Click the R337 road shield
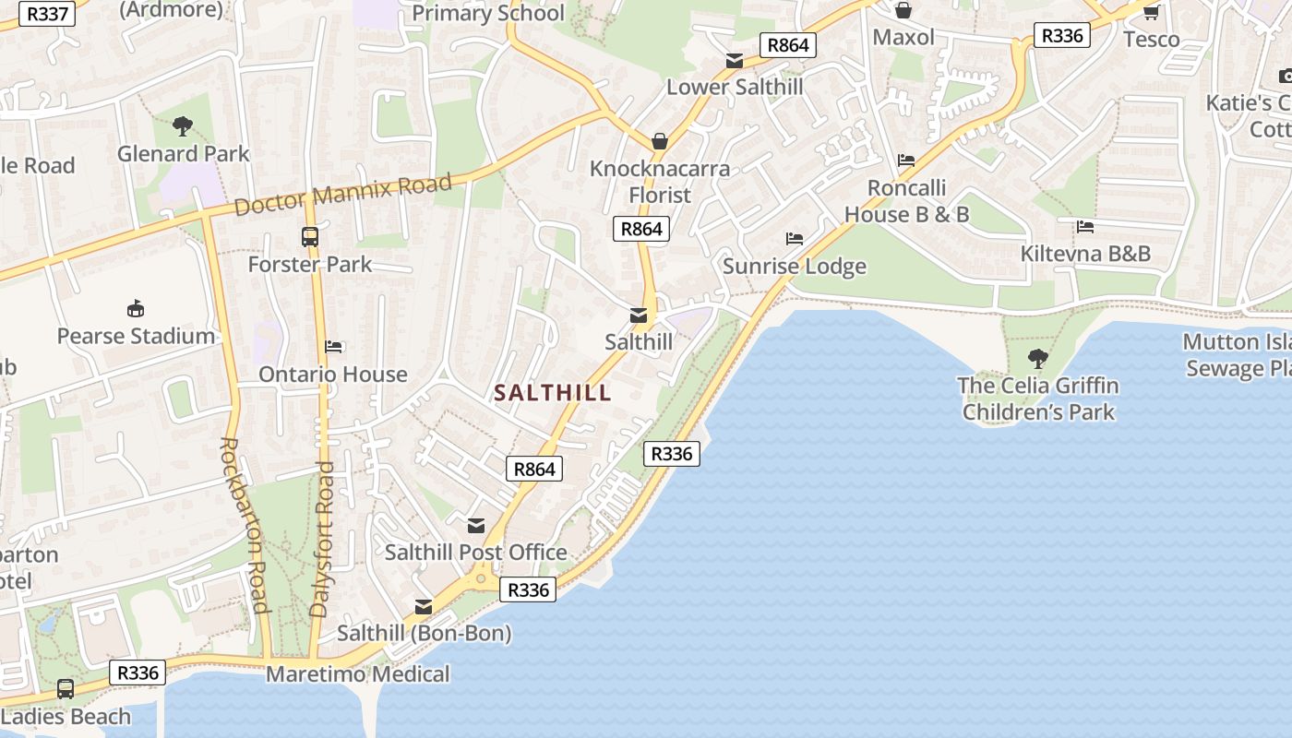click(44, 14)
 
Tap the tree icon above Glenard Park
click(183, 125)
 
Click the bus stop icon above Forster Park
click(310, 237)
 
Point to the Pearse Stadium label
click(136, 336)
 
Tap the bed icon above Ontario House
click(334, 347)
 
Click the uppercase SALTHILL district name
click(553, 392)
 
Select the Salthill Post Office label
click(475, 553)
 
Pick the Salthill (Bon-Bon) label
click(424, 634)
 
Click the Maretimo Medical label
click(358, 674)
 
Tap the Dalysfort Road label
click(322, 539)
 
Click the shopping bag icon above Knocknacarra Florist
click(660, 141)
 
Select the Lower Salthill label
click(735, 87)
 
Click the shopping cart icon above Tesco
click(1151, 12)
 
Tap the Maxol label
click(903, 37)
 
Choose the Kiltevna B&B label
click(1085, 253)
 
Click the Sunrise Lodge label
click(794, 267)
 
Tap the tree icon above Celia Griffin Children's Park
click(1038, 358)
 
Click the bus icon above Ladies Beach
click(66, 688)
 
